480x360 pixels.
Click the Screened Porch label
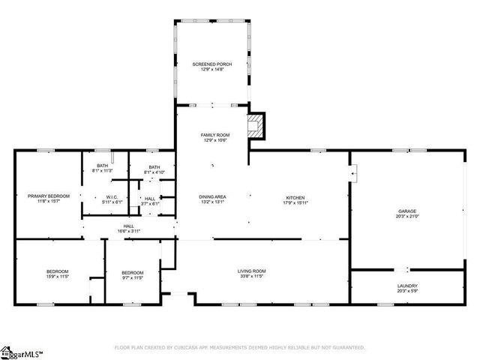click(x=212, y=64)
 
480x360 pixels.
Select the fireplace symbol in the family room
click(x=257, y=126)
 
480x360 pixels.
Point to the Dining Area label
click(x=212, y=196)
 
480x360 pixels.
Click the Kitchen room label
click(x=295, y=196)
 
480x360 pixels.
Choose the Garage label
click(x=407, y=211)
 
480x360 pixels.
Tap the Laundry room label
click(x=407, y=285)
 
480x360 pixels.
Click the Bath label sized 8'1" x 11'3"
click(x=102, y=166)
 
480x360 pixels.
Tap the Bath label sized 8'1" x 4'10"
click(x=154, y=167)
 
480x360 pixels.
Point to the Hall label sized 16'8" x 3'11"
click(x=129, y=226)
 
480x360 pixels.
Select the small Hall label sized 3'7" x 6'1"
click(x=150, y=199)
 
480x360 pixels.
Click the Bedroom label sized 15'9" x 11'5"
click(x=57, y=271)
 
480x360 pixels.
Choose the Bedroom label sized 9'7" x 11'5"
click(x=133, y=271)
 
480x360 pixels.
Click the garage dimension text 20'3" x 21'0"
click(x=407, y=217)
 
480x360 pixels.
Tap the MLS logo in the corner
click(x=21, y=351)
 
